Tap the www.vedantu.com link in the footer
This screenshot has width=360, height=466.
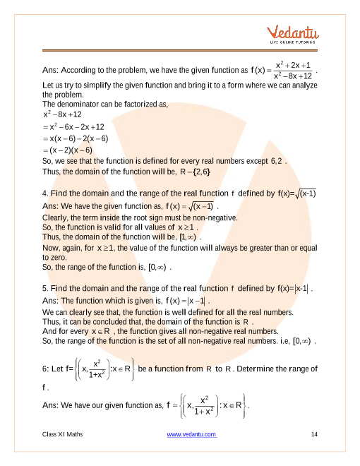pyautogui.click(x=191, y=434)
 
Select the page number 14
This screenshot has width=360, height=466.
pyautogui.click(x=314, y=434)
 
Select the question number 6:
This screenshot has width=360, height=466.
pyautogui.click(x=47, y=369)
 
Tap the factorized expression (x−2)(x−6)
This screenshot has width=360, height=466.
pyautogui.click(x=69, y=149)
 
